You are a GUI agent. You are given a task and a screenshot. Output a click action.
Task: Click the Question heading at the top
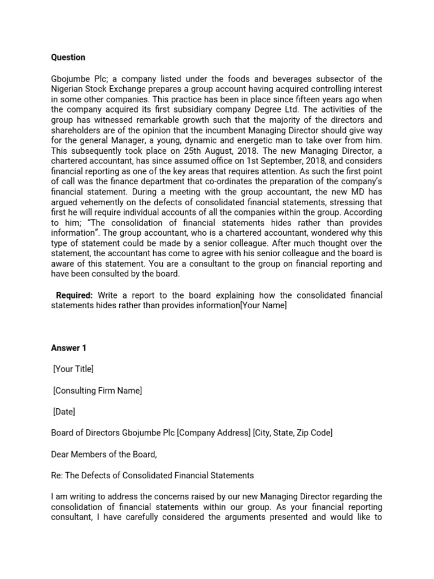[x=68, y=57]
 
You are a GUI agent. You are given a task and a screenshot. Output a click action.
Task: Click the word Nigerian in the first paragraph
[x=67, y=89]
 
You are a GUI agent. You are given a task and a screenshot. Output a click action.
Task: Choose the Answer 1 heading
[x=68, y=348]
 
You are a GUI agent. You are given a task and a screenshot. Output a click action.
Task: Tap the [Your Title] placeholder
[x=73, y=369]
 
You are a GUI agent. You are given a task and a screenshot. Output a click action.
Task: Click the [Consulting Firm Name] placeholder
[x=97, y=390]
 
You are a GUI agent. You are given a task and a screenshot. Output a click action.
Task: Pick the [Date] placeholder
[x=63, y=412]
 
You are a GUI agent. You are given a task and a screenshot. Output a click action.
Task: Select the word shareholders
[x=74, y=129]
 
